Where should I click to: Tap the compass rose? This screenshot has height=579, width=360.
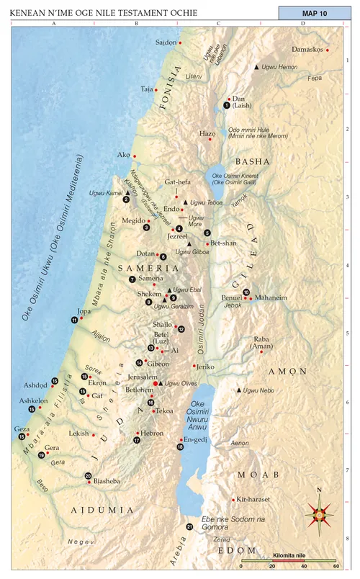click(320, 512)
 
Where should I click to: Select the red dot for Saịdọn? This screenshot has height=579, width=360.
click(180, 43)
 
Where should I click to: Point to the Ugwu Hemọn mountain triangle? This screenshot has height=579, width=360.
click(256, 67)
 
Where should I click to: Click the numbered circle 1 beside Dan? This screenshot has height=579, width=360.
click(227, 105)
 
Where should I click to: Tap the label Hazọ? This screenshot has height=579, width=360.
click(207, 133)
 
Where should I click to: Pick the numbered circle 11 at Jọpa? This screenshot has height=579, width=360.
click(73, 320)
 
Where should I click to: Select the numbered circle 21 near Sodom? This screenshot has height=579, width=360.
click(189, 527)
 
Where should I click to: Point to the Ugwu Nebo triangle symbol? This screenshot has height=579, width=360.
click(239, 390)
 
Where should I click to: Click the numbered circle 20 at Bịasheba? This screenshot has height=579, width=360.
click(88, 475)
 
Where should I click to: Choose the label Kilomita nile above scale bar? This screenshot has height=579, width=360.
click(289, 555)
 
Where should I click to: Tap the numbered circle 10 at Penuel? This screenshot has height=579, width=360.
click(246, 292)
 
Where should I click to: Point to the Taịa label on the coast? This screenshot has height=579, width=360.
click(147, 89)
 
